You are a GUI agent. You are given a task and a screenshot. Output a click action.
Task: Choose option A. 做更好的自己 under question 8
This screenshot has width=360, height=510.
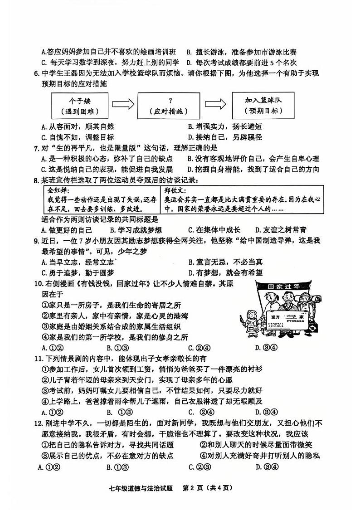click(66, 230)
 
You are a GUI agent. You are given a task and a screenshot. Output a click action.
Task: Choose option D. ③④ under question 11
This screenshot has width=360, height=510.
click(263, 412)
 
